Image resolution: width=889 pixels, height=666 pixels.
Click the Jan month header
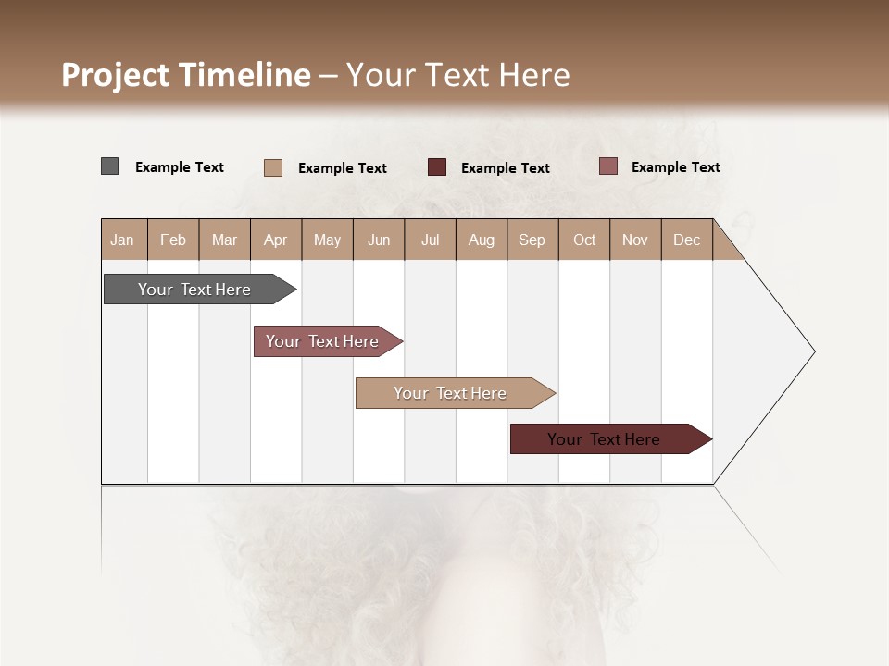point(122,240)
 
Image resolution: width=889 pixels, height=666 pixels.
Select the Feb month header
point(173,240)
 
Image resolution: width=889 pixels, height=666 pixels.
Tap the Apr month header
point(276,240)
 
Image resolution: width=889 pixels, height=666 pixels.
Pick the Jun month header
point(379,240)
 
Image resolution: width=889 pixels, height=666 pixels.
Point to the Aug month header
point(482,240)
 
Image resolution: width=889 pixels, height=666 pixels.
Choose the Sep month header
point(532,240)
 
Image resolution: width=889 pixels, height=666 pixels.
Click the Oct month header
point(584,240)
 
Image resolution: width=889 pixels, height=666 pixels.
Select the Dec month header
point(687,240)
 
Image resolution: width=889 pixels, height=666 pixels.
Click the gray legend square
point(110,166)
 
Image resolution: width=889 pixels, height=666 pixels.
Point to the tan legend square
point(273,167)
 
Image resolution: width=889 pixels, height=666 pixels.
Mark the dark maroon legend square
point(437,166)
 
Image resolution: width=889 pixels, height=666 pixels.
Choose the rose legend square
point(608,166)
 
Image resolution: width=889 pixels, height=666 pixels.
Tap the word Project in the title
point(116,75)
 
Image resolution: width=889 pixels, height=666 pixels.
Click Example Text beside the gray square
point(180,167)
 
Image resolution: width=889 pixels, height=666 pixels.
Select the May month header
point(327,240)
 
